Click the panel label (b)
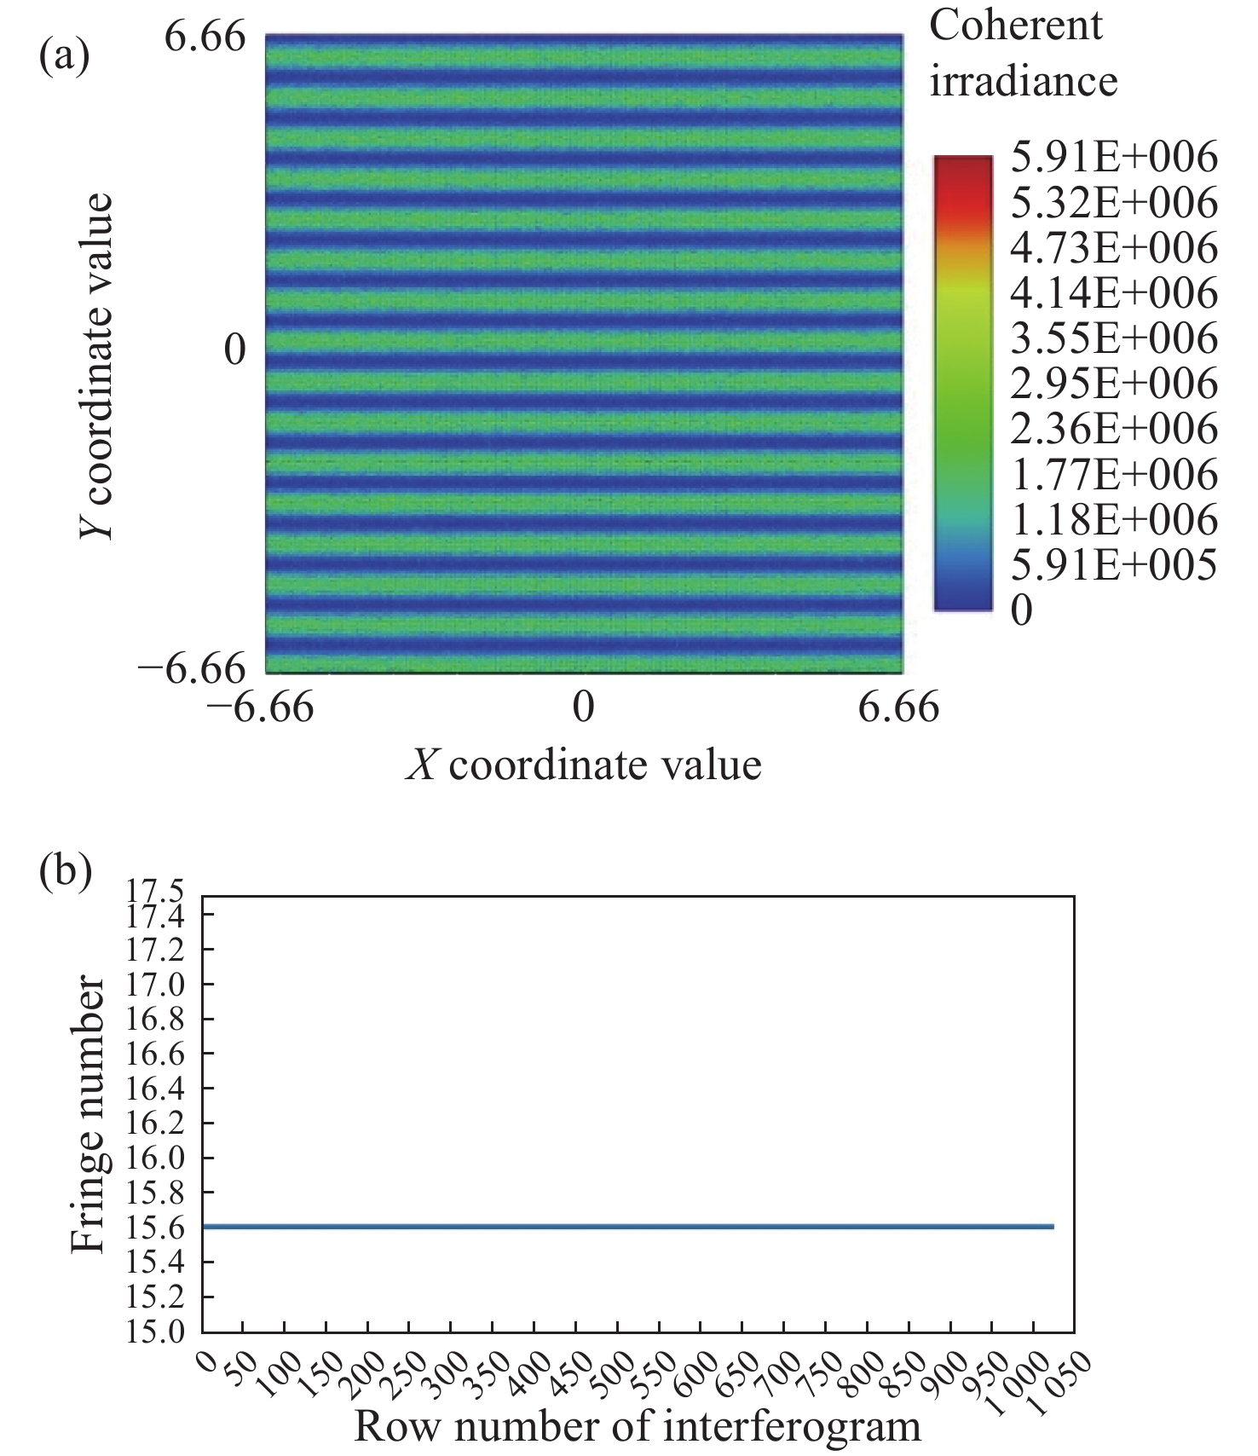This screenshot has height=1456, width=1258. (66, 873)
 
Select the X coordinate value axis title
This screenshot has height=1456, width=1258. (583, 765)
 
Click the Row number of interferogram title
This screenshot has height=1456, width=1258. (637, 1426)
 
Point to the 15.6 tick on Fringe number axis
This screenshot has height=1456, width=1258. (154, 1228)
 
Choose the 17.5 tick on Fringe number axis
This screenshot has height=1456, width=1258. (154, 893)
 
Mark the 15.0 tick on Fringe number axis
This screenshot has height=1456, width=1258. (154, 1332)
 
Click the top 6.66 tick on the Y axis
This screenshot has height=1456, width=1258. (205, 38)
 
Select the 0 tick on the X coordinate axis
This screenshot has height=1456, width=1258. (583, 707)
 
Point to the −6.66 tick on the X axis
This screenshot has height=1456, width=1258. (261, 707)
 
